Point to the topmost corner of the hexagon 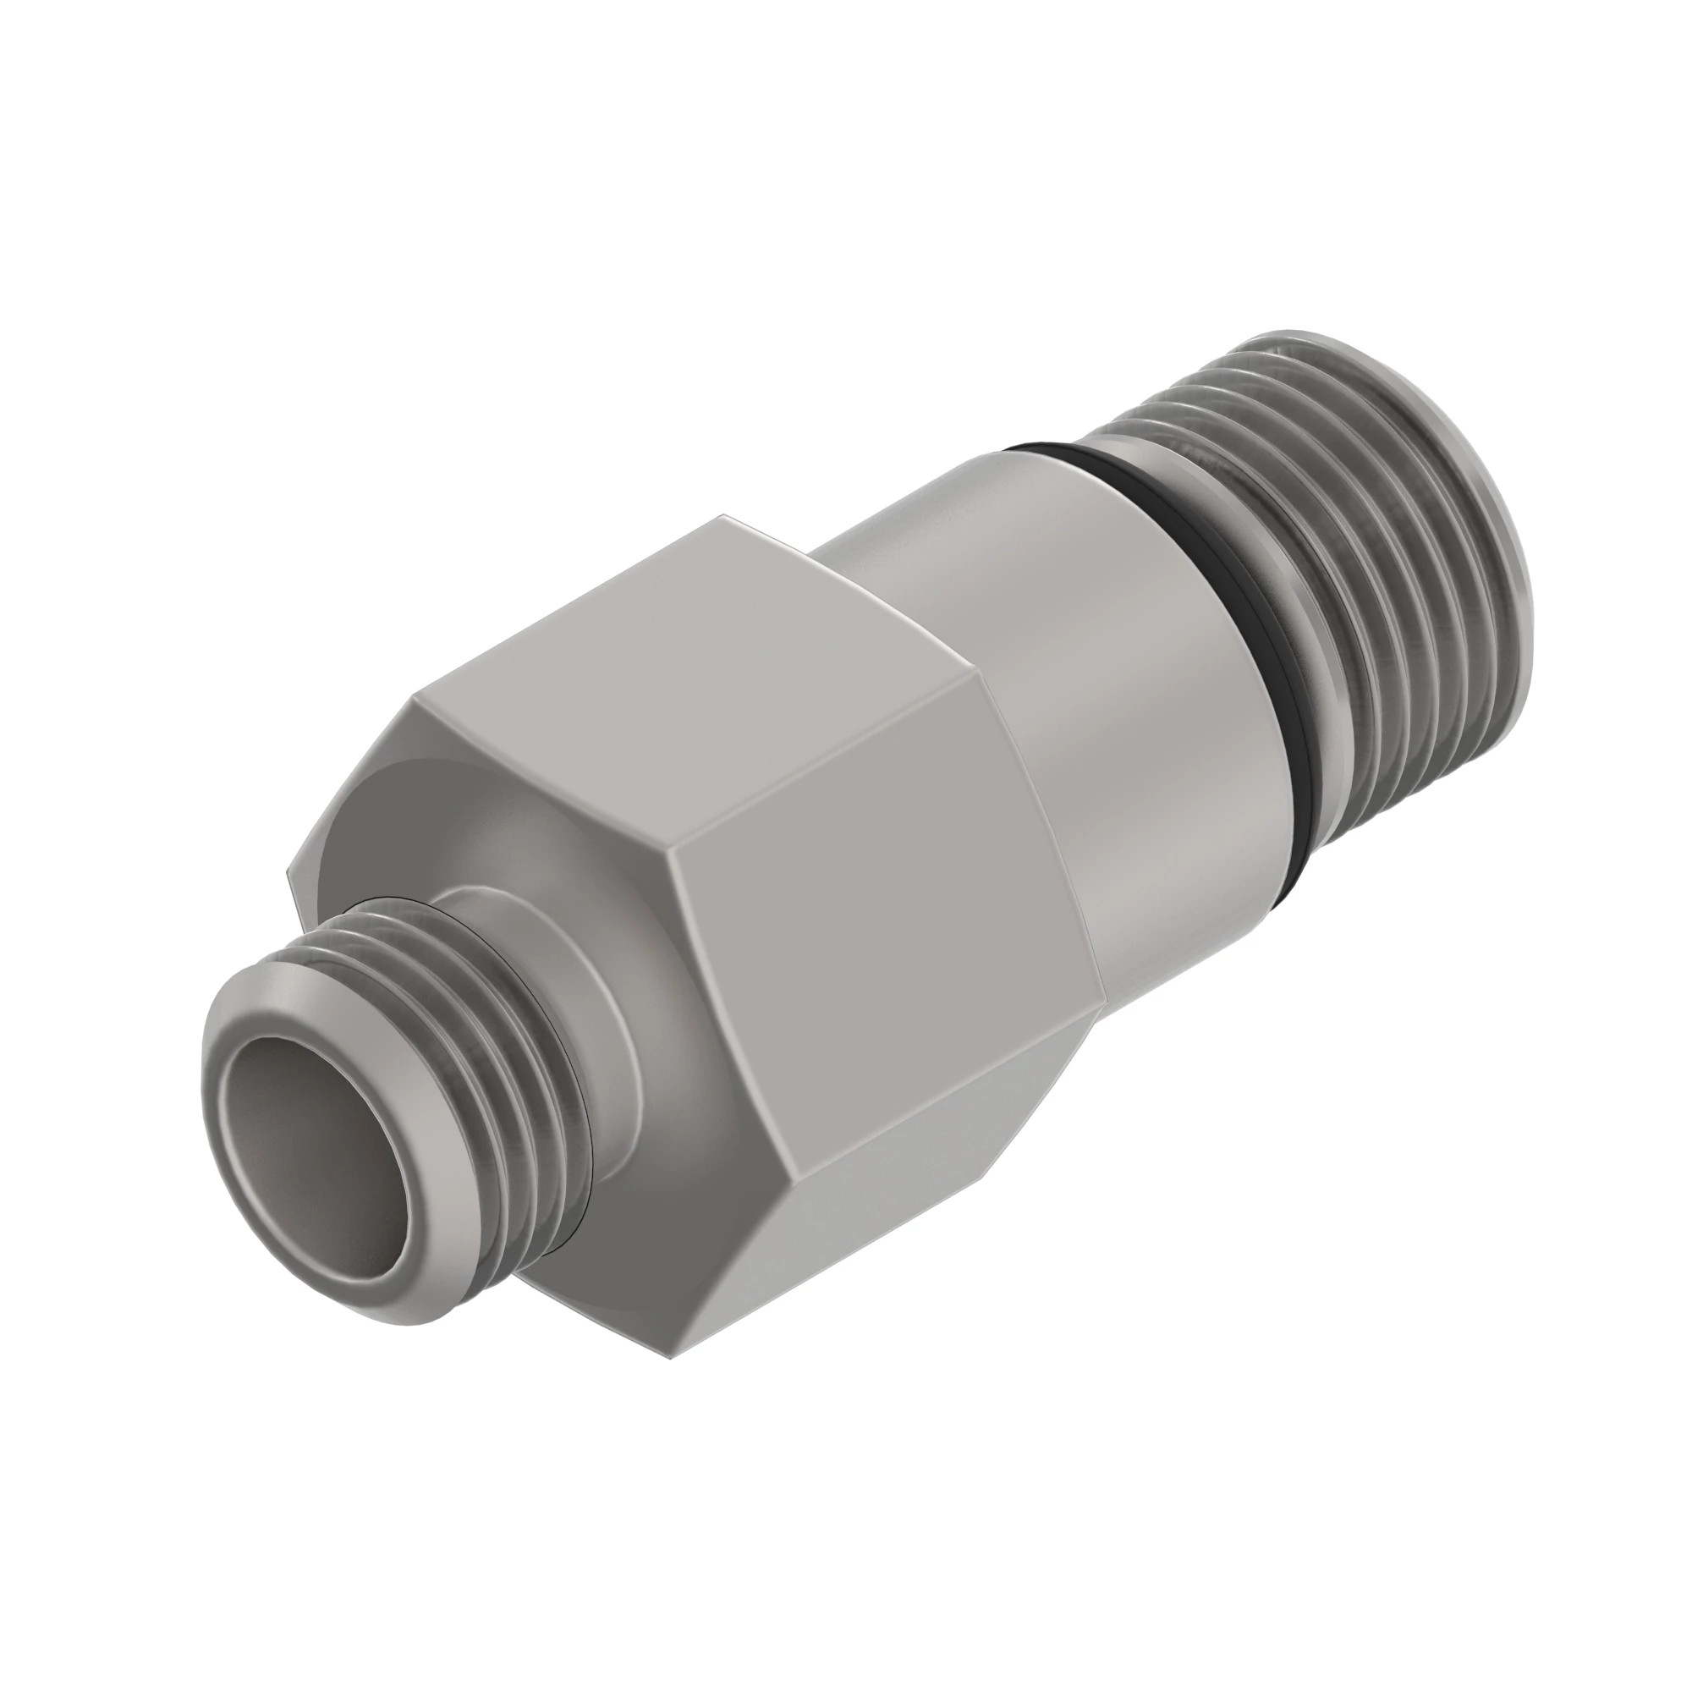(x=723, y=517)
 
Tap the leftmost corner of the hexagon (x=289, y=871)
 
